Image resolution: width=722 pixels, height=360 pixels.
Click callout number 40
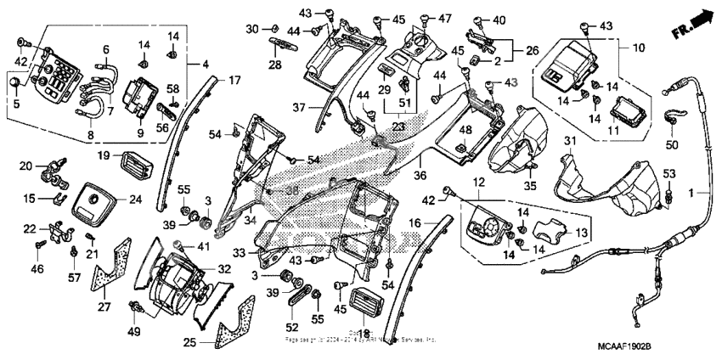coord(499,20)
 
